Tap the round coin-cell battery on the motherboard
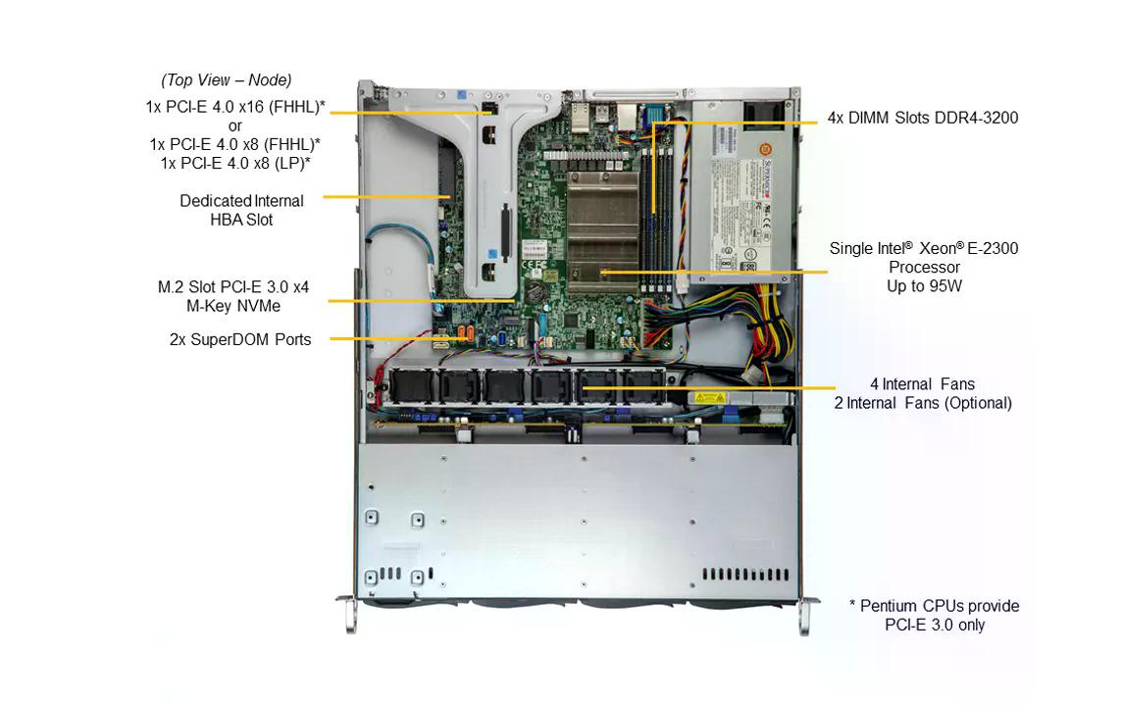pos(535,291)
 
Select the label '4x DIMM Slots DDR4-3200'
pos(922,118)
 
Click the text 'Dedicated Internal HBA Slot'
pos(241,210)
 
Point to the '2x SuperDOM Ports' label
pos(240,339)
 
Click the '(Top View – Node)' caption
pos(227,80)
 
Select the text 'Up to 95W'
pos(923,285)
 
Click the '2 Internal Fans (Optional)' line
pos(922,402)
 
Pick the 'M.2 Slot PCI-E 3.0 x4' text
pos(233,287)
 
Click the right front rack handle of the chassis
pos(805,616)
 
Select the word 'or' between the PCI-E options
pos(234,126)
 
